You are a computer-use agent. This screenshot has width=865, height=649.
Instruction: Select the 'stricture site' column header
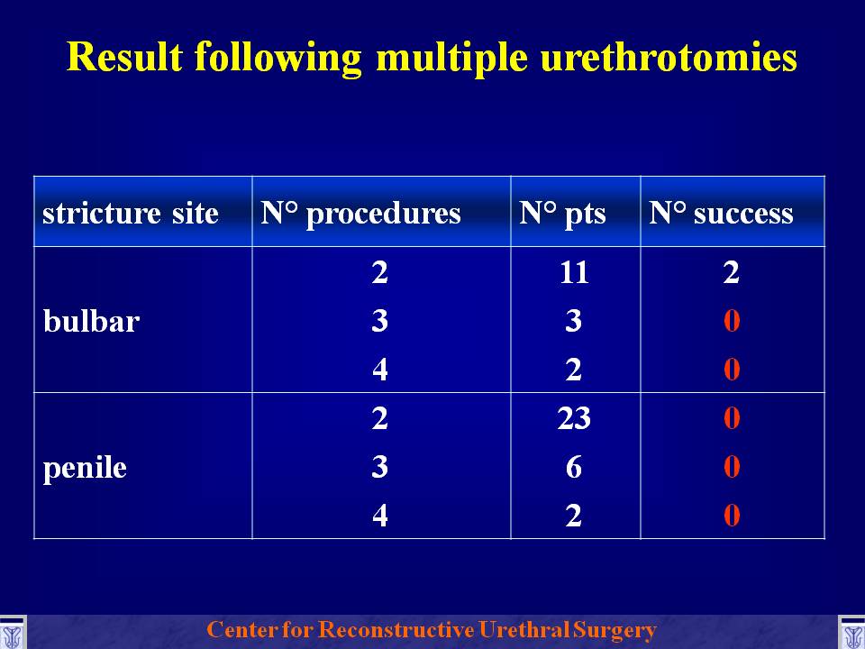(130, 213)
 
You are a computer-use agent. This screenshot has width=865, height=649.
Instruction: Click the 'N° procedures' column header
(360, 214)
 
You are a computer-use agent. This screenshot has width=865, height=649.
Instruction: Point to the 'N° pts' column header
(562, 215)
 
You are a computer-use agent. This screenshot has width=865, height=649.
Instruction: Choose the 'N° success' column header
(721, 213)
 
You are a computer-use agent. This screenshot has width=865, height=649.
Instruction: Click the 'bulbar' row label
(91, 321)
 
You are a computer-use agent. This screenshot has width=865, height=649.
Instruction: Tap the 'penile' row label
(85, 468)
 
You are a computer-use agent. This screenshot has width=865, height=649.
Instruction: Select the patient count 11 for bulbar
(574, 272)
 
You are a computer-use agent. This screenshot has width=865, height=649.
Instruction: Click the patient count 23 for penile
(574, 418)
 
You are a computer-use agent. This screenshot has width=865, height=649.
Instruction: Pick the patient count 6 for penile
(574, 467)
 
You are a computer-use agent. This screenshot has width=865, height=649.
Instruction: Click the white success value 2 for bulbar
(732, 272)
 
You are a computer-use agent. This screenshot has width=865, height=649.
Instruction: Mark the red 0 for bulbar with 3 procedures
(732, 321)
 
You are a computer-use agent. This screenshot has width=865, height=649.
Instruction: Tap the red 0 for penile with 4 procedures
(732, 516)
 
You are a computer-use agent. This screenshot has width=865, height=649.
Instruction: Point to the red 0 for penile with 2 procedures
(732, 418)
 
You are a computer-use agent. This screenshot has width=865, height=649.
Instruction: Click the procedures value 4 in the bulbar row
(380, 370)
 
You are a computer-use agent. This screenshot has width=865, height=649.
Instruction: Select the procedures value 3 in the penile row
(380, 467)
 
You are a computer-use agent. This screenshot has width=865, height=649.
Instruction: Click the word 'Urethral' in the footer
(524, 630)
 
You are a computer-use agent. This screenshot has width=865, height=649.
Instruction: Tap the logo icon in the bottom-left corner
(12, 633)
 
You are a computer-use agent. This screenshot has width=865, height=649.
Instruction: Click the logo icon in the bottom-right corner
(851, 633)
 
